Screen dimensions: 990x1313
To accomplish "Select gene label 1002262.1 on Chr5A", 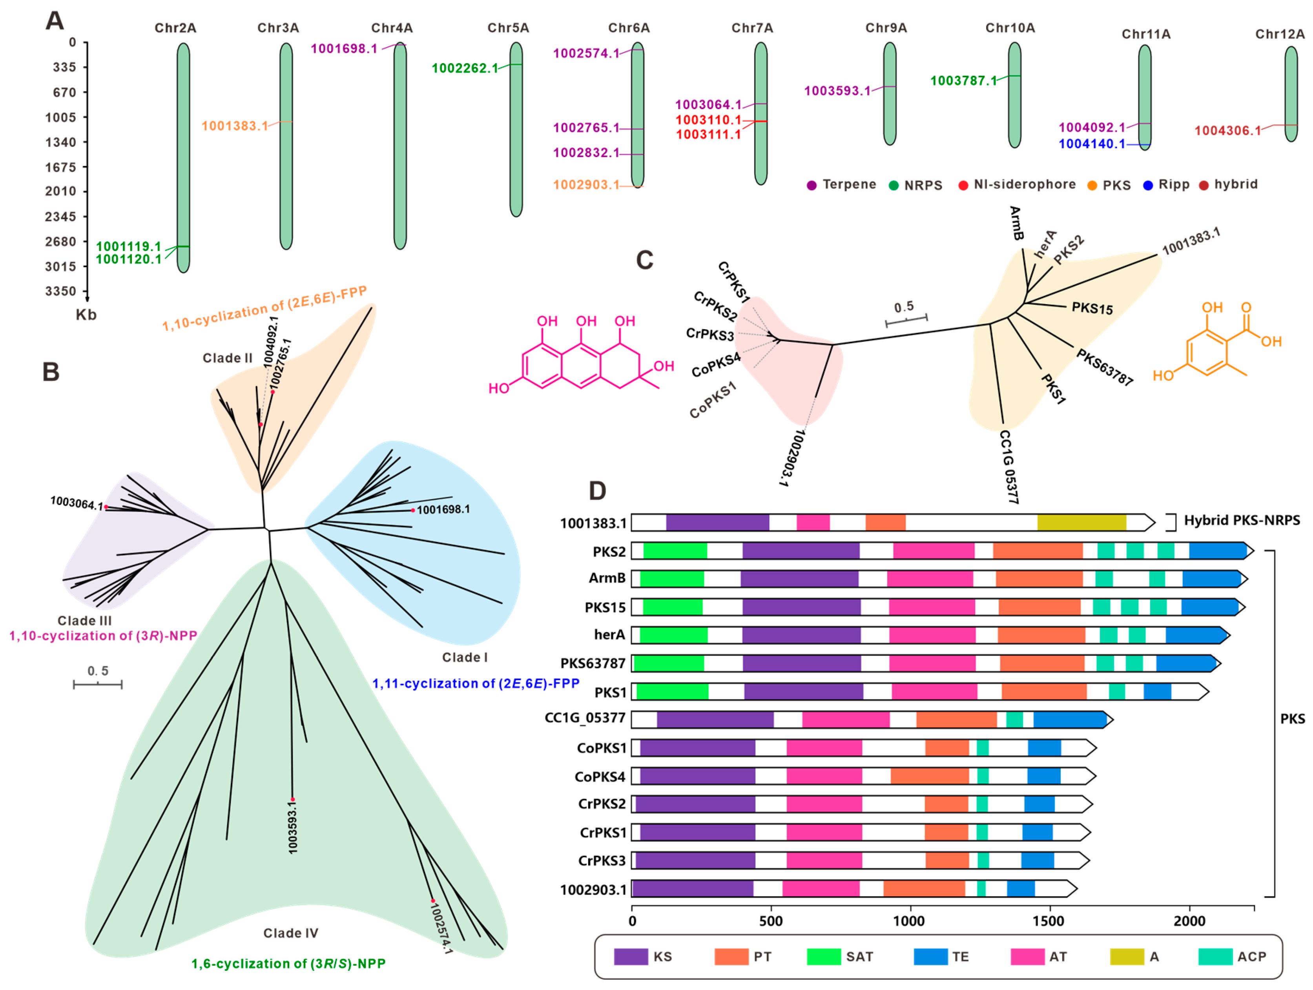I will coord(465,68).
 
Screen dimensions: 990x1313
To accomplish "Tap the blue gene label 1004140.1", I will coord(1092,144).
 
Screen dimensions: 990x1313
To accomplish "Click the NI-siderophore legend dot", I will coord(963,185).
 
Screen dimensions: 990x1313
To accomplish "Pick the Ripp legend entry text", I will coord(1174,184).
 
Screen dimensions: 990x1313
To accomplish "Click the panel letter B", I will coord(51,372).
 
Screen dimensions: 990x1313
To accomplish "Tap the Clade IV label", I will coord(290,933).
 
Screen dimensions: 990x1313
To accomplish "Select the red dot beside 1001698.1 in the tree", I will coord(412,510).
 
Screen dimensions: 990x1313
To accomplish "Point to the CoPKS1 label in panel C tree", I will coord(712,400).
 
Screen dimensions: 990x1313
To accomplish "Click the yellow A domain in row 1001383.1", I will coord(1081,522).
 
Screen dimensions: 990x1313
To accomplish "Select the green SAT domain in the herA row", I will coord(673,634).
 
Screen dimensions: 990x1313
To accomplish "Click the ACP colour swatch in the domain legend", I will coord(1215,956).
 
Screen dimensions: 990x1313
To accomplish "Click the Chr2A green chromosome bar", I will coord(183,157).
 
